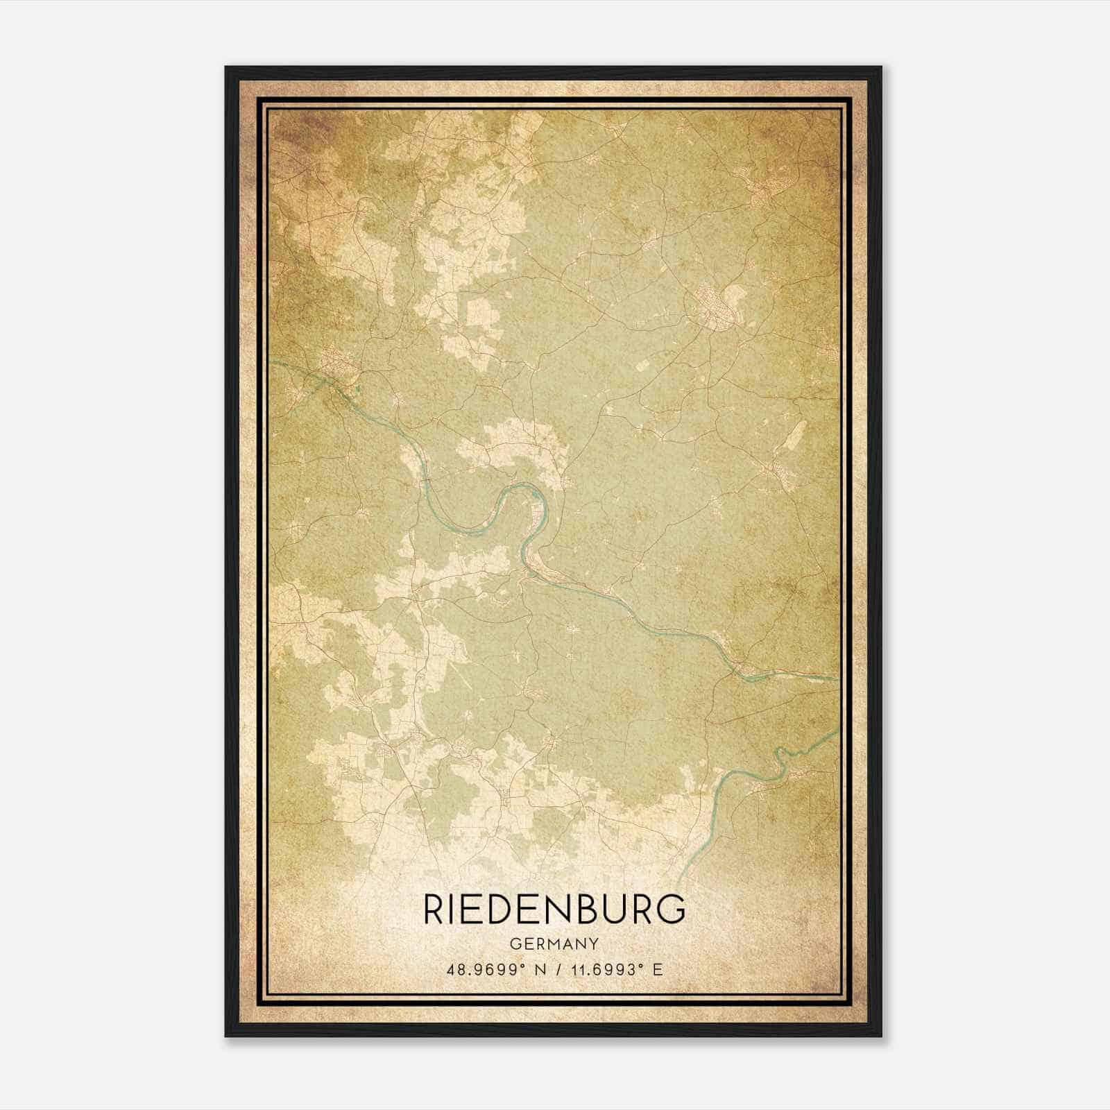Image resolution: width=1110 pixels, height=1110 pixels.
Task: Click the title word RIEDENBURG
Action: pos(554,910)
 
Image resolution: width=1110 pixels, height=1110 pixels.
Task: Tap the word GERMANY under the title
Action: pos(554,943)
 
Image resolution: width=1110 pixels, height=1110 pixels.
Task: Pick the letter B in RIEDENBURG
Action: pos(587,910)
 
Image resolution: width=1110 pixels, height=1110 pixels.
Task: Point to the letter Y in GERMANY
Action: pos(593,943)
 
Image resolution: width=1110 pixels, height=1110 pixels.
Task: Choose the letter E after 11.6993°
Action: pos(658,969)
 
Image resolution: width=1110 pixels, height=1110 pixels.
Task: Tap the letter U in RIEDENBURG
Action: pos(615,910)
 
